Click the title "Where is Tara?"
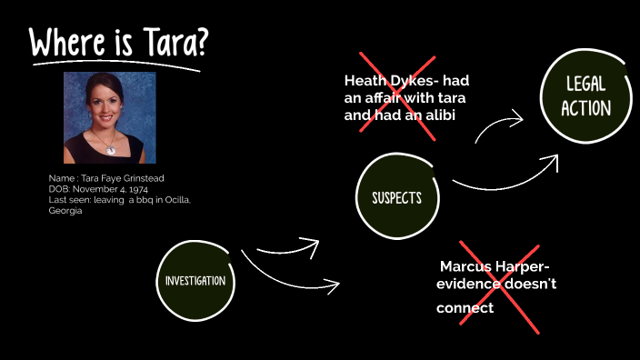(118, 44)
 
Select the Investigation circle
(195, 281)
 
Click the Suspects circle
(396, 197)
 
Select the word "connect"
(465, 308)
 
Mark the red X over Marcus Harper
(499, 285)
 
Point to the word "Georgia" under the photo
(65, 210)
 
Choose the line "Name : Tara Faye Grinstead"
(105, 177)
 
